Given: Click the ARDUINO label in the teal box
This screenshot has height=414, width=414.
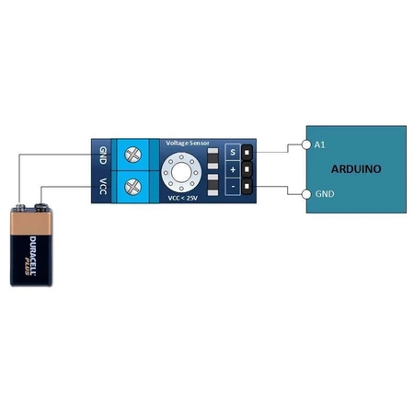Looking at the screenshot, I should [354, 169].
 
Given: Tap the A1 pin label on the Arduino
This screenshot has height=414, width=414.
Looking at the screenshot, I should [320, 144].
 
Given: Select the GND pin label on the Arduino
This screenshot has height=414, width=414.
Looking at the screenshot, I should [324, 194].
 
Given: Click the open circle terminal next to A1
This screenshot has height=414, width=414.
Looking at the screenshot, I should [306, 144].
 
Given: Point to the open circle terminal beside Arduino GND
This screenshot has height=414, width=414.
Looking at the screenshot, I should [306, 193].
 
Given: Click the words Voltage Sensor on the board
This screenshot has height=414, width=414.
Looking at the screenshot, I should [188, 144].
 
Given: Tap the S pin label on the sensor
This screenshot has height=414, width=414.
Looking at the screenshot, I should [233, 152].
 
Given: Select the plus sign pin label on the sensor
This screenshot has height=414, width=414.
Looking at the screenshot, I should [233, 170].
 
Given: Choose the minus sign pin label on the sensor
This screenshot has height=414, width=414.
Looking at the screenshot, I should [233, 188].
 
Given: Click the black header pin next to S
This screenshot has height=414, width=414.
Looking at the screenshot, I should [247, 152].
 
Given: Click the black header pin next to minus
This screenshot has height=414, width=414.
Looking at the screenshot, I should [247, 188].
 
